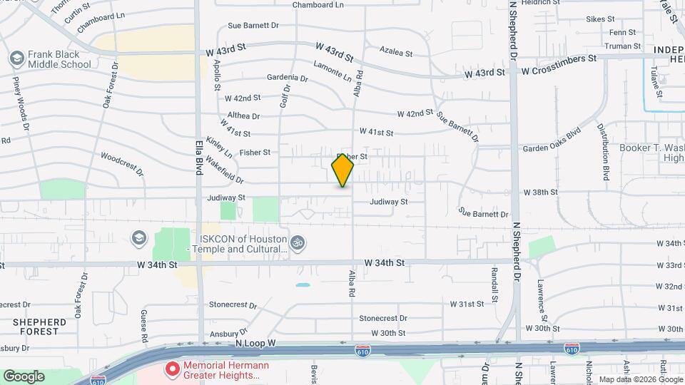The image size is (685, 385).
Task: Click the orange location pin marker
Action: tap(342, 170)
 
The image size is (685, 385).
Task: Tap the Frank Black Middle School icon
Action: tap(16, 57)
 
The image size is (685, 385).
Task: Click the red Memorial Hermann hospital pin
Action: tap(172, 369)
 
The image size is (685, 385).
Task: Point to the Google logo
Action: tap(24, 376)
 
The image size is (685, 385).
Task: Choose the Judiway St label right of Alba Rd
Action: tap(388, 202)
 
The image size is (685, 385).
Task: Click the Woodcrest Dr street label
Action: tap(122, 164)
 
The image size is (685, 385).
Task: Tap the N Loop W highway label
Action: tap(255, 343)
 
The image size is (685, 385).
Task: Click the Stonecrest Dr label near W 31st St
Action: tap(383, 318)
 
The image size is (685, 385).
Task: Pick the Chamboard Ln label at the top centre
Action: tap(318, 5)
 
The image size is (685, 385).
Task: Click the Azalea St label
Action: tap(396, 53)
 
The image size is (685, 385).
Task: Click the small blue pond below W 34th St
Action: tap(303, 285)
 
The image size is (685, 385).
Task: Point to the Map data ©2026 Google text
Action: tap(639, 379)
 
